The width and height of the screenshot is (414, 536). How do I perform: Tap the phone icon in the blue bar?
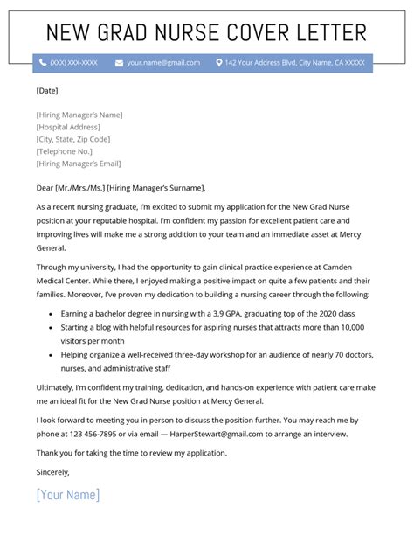41,63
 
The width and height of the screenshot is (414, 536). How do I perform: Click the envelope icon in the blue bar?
120,63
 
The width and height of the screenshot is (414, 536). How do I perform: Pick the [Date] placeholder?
48,89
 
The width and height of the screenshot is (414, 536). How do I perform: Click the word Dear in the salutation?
46,187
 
